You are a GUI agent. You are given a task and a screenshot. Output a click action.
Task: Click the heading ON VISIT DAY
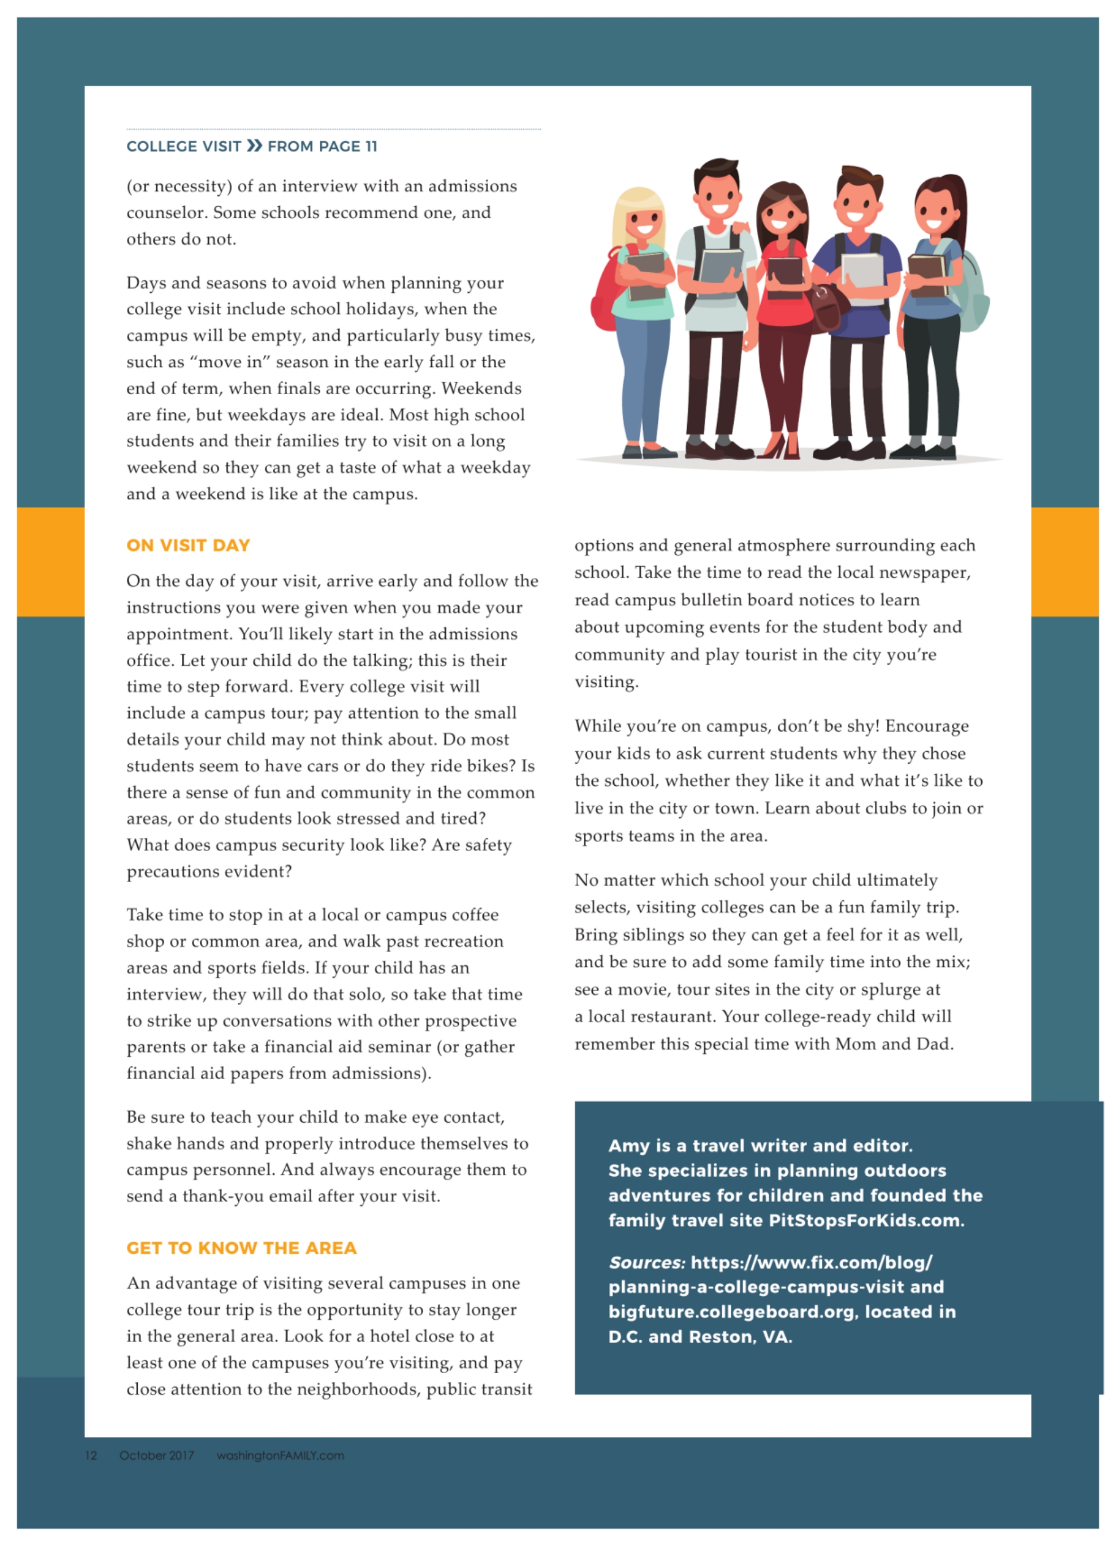tap(188, 546)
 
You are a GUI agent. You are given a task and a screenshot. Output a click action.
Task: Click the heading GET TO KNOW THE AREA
tap(241, 1248)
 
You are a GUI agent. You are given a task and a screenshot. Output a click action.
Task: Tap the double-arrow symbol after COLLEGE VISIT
tap(254, 146)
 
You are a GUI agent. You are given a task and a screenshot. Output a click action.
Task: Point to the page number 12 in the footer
tap(91, 1455)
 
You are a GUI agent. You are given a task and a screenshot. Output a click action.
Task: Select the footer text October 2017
tap(156, 1455)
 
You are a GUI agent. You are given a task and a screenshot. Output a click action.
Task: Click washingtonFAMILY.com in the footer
tap(280, 1455)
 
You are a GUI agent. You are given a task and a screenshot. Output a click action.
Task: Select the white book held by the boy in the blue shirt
tap(863, 276)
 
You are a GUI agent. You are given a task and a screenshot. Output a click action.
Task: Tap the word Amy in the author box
tap(629, 1146)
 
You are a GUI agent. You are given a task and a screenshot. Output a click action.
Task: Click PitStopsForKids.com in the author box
tap(865, 1220)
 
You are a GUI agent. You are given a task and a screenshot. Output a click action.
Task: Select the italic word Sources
tap(646, 1262)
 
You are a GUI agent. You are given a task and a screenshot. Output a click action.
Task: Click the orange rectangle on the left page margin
tap(51, 562)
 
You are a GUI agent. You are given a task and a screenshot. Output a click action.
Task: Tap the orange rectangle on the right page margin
tap(1064, 562)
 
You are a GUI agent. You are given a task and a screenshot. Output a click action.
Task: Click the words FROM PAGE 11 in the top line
tap(322, 146)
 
